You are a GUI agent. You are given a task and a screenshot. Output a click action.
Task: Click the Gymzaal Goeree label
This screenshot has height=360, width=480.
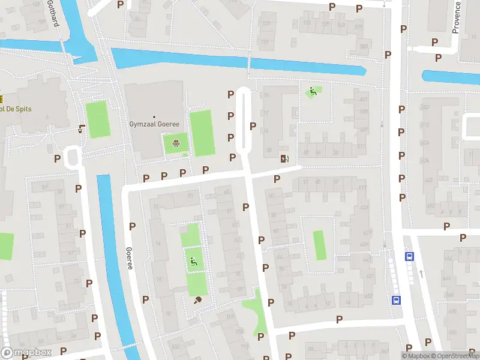(155, 124)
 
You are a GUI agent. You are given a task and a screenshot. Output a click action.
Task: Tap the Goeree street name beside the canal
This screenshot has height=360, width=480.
(128, 258)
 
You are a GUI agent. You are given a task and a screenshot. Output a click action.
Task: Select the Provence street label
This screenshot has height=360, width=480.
(456, 17)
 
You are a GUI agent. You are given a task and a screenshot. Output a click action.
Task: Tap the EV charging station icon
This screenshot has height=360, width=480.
(284, 158)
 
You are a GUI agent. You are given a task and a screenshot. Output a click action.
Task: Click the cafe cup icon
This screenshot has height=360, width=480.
(82, 128)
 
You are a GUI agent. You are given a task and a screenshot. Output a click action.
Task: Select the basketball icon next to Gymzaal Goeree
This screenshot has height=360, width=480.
(176, 143)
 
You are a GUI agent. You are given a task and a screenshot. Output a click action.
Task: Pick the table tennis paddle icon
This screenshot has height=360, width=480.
(197, 301)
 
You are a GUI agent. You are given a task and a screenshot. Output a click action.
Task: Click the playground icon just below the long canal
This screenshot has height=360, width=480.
(312, 92)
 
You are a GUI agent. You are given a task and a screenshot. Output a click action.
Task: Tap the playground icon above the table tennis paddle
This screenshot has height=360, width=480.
(193, 261)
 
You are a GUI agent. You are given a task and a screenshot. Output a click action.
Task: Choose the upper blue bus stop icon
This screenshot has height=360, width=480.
(409, 256)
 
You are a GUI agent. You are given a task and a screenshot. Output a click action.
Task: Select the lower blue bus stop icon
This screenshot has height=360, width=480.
(396, 300)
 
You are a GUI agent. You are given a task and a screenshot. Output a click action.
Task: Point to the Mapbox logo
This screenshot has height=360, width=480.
(26, 352)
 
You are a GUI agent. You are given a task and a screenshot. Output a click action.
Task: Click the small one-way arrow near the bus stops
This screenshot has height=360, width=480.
(421, 274)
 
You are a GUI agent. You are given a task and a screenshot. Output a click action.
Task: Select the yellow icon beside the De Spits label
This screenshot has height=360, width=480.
(1, 99)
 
